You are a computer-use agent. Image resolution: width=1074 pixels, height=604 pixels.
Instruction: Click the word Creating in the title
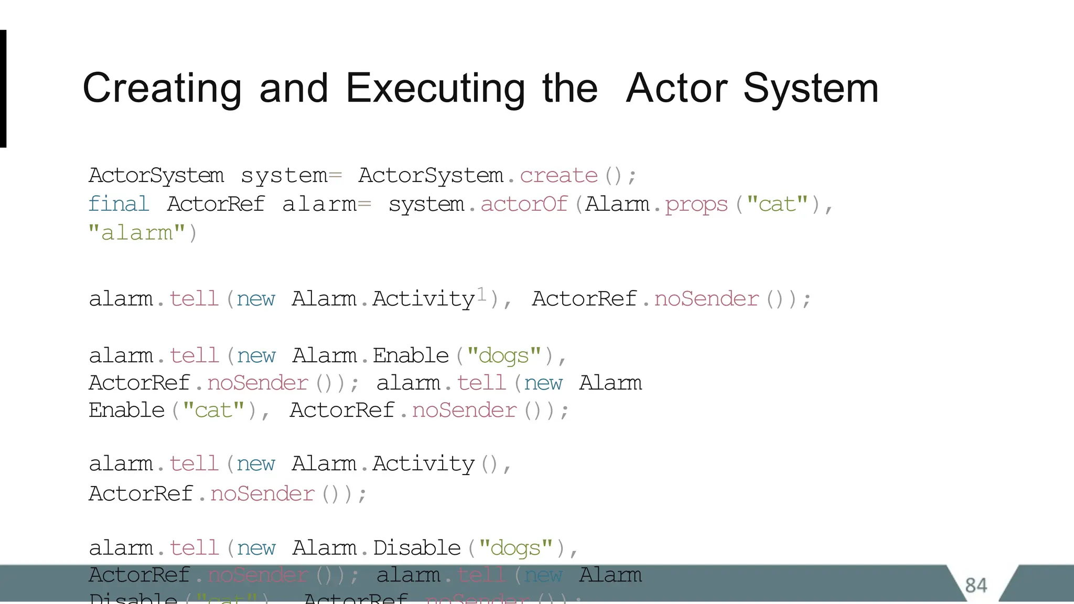(x=162, y=89)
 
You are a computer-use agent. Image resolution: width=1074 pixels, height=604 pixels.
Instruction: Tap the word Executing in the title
(x=435, y=89)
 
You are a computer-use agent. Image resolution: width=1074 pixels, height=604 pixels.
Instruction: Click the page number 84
(x=976, y=585)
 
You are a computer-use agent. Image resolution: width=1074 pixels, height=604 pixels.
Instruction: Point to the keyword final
(x=119, y=204)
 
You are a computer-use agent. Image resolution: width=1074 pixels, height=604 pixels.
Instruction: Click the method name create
(x=559, y=176)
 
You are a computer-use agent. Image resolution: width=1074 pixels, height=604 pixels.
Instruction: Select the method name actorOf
(x=524, y=204)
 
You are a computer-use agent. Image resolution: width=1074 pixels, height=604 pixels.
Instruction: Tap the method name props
(x=696, y=204)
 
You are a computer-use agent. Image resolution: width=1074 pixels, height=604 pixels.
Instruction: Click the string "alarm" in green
(x=137, y=232)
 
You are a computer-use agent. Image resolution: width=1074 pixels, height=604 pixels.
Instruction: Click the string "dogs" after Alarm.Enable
(x=503, y=356)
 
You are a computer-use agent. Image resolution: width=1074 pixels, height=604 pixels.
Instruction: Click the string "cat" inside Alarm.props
(x=777, y=204)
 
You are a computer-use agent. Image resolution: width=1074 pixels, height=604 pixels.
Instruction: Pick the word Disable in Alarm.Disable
(x=417, y=548)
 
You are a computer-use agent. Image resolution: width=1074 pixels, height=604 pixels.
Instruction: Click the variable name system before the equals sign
(x=284, y=176)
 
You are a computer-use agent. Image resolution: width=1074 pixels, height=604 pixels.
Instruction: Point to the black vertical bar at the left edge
(x=3, y=89)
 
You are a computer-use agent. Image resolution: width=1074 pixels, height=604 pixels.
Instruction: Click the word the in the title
(x=570, y=89)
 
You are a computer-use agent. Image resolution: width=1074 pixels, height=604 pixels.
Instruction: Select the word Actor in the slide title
(x=677, y=89)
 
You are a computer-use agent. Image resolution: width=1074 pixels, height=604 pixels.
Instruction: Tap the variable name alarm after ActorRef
(x=319, y=204)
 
